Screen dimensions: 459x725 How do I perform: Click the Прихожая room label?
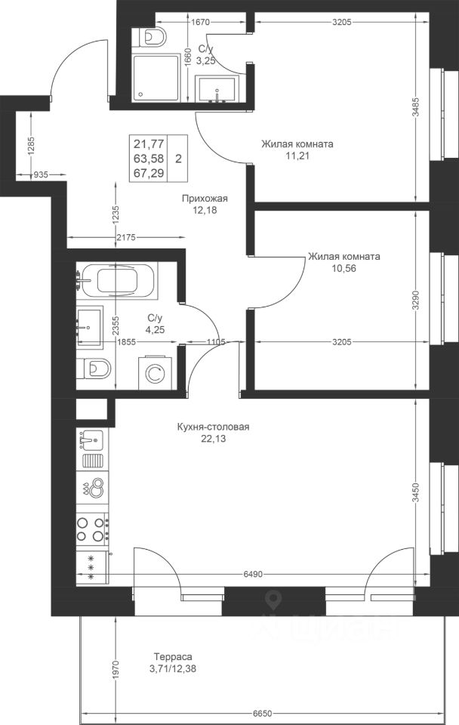click(205, 199)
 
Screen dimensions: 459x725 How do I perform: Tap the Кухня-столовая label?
click(213, 427)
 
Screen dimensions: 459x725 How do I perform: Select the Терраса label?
click(173, 656)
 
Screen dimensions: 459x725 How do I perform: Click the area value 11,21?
click(297, 156)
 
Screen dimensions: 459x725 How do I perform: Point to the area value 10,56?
click(344, 268)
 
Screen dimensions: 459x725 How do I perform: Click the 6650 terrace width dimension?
click(262, 713)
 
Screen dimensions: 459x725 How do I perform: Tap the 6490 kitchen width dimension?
click(253, 574)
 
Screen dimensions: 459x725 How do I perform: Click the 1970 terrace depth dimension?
click(116, 668)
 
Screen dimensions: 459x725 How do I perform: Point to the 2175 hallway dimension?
click(126, 238)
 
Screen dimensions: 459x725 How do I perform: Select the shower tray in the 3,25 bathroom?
click(156, 77)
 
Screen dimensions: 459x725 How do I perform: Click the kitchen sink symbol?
click(92, 440)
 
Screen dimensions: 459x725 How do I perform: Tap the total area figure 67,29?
click(149, 173)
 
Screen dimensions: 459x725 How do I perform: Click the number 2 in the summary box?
click(178, 159)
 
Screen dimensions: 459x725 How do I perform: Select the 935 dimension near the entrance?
click(41, 174)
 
